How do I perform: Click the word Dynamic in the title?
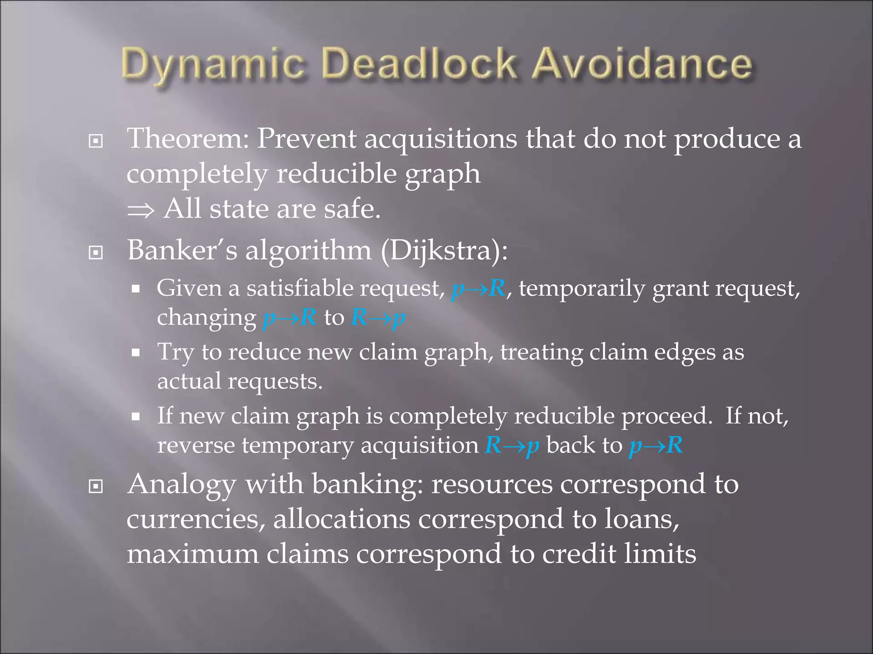pyautogui.click(x=213, y=65)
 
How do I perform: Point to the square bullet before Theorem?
pyautogui.click(x=96, y=141)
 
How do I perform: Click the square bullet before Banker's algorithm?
pyautogui.click(x=96, y=252)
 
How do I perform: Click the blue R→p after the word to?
pyautogui.click(x=378, y=318)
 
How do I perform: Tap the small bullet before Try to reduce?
pyautogui.click(x=136, y=353)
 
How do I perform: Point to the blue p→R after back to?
pyautogui.click(x=656, y=446)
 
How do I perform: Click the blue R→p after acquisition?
pyautogui.click(x=512, y=446)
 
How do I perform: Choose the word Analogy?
pyautogui.click(x=182, y=485)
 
